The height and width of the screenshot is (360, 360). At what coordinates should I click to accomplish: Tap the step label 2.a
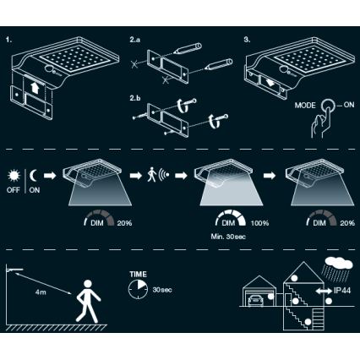point(136,40)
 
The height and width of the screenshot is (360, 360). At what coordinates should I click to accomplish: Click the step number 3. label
point(246,39)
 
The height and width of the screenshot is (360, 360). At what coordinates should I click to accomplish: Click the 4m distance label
point(41,293)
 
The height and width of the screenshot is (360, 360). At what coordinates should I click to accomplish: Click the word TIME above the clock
point(137,275)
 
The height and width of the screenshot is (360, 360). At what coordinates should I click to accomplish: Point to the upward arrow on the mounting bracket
point(34,88)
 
